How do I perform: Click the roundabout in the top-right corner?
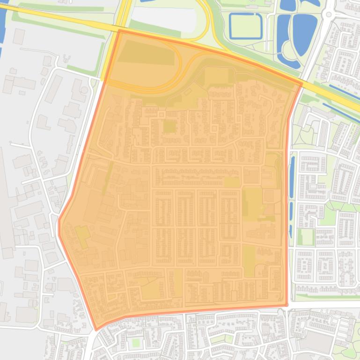pos(329,14)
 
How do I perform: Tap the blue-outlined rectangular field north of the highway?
pos(245,26)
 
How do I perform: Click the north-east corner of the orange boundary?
pos(301,85)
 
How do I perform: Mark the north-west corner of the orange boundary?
pos(119,31)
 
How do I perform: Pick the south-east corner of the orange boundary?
pos(286,305)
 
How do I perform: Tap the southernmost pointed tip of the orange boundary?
pos(96,330)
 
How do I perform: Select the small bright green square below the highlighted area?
pos(136,343)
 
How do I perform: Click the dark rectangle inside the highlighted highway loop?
pos(145,55)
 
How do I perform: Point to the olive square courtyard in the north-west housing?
pos(169,126)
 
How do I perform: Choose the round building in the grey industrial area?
pos(84,90)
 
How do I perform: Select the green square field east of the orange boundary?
pos(306,237)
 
